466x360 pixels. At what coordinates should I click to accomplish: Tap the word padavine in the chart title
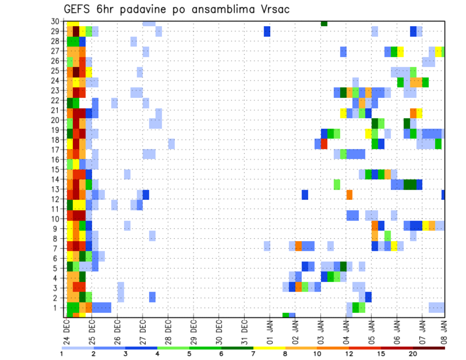[x=144, y=9]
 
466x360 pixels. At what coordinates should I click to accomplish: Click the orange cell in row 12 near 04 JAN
[x=349, y=195]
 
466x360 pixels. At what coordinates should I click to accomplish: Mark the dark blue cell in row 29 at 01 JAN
[x=267, y=31]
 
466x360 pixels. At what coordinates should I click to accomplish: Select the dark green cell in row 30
[x=324, y=23]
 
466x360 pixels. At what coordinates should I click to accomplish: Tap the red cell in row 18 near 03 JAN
[x=324, y=144]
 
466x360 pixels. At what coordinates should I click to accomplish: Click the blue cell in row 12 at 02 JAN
[x=305, y=195]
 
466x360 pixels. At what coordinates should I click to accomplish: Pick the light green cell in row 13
[x=337, y=184]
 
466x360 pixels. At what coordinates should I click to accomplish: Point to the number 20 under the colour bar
[x=413, y=354]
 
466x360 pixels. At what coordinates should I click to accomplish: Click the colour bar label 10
[x=317, y=354]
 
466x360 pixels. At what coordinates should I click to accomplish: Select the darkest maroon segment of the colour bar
[x=429, y=347]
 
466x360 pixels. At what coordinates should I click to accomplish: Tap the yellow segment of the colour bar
[x=269, y=347]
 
